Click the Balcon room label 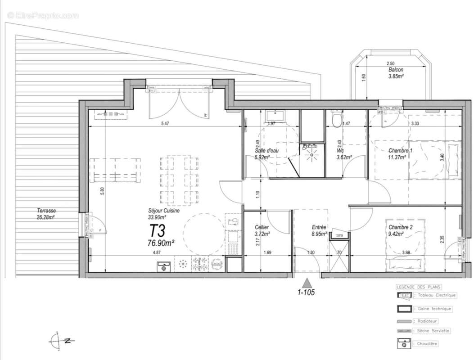point(396,70)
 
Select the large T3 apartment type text point(158,231)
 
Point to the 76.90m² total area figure point(161,243)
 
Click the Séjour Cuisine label point(164,210)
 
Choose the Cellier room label point(262,227)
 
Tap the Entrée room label point(319,227)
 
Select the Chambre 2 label point(400,227)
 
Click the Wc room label point(341,151)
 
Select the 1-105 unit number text point(306,292)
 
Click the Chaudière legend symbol point(404,343)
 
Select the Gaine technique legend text point(434,309)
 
